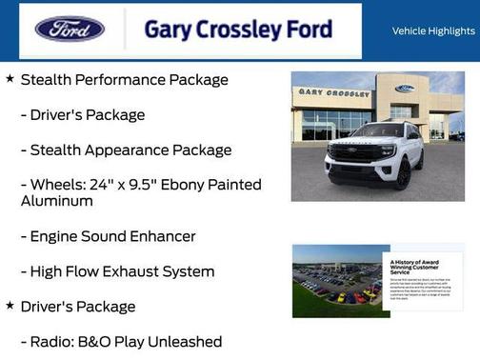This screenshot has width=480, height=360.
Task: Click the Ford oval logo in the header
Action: point(70,29)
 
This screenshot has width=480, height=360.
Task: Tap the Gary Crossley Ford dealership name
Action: point(238,30)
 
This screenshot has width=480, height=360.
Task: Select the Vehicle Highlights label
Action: point(433,30)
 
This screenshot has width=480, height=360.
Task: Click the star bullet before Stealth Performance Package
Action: point(10,79)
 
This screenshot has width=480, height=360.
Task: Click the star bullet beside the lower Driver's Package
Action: point(10,306)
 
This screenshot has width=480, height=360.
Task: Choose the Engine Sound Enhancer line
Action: point(112,236)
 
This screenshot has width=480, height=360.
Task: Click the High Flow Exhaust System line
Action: point(122,271)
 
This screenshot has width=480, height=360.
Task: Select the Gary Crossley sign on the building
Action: point(333,93)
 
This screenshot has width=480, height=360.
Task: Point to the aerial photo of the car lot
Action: point(336,281)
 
